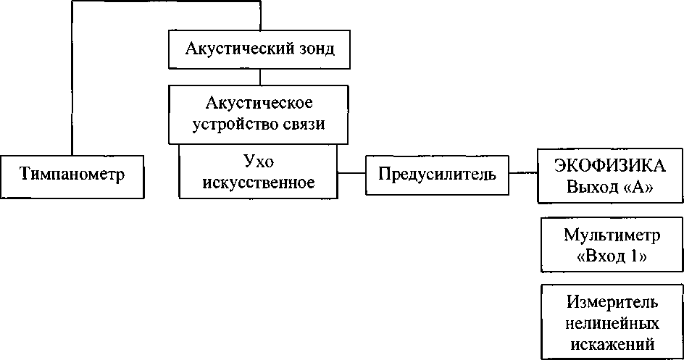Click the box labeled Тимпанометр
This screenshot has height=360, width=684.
(72, 175)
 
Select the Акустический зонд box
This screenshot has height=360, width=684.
(259, 49)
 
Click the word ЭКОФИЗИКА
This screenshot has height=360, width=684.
(609, 165)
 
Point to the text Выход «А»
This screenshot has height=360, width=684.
(609, 187)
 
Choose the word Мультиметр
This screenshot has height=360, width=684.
(612, 235)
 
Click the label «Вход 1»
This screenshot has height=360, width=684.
(613, 256)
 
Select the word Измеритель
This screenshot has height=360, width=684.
(612, 301)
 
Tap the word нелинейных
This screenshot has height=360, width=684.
(612, 321)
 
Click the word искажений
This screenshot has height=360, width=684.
(612, 341)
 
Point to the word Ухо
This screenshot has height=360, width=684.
(259, 161)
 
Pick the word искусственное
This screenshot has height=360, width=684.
(259, 182)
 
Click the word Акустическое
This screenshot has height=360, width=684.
(259, 102)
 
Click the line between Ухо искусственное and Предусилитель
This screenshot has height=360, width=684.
(352, 174)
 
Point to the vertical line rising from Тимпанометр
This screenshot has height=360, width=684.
(72, 80)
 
